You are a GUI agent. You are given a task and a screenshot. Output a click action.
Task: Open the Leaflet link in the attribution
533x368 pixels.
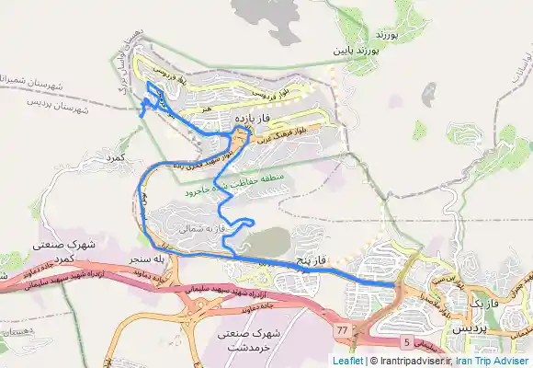tap(347, 361)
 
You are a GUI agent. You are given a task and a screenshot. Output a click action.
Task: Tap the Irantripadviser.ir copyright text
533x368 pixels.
tap(414, 361)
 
